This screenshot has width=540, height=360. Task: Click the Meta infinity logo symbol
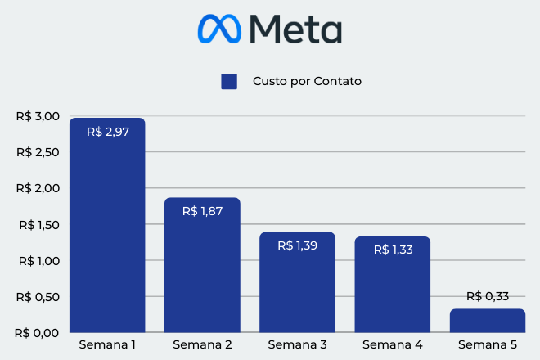(x=219, y=29)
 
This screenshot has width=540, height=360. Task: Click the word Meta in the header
(x=295, y=29)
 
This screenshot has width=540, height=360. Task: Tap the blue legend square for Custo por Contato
(x=229, y=81)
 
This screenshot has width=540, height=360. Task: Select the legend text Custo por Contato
(x=307, y=81)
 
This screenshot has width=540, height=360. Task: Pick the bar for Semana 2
(x=202, y=270)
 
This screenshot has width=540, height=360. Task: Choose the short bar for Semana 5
(x=487, y=320)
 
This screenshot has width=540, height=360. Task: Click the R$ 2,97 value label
(x=107, y=131)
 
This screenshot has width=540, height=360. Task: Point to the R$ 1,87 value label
(x=202, y=211)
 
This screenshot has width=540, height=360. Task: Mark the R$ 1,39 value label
(x=297, y=245)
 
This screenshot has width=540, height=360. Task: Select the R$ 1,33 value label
(x=392, y=250)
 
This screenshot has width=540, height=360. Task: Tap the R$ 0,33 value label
(x=487, y=296)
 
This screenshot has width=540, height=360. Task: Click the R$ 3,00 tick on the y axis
(x=38, y=116)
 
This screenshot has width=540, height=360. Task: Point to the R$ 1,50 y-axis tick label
(x=38, y=225)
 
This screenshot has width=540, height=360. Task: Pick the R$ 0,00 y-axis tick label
(x=38, y=333)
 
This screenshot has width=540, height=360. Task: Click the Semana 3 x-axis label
(x=297, y=344)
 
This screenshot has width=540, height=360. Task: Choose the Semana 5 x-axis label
(x=487, y=344)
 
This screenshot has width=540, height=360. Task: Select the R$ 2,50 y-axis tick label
(x=38, y=152)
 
